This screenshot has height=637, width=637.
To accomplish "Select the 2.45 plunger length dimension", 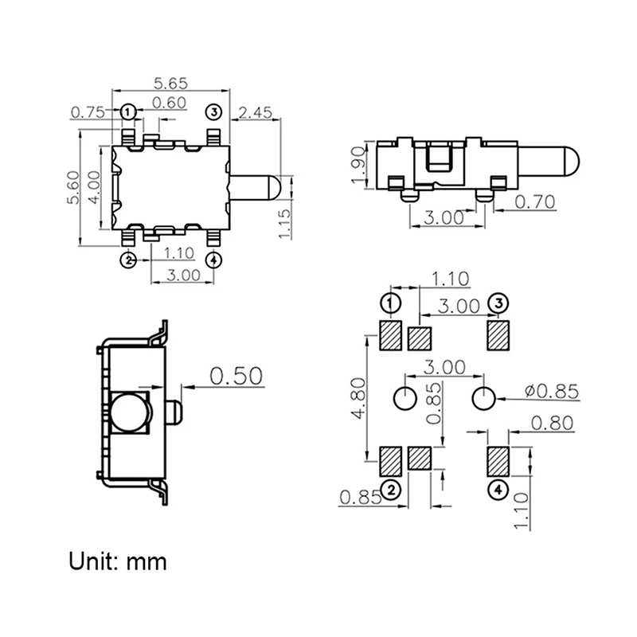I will click(x=256, y=112).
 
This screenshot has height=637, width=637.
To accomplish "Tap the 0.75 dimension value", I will click(x=88, y=112).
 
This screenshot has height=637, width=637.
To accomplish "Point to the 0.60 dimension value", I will click(x=169, y=102).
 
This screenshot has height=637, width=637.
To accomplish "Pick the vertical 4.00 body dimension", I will click(x=93, y=188).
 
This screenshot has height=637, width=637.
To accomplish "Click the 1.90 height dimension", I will click(x=358, y=165).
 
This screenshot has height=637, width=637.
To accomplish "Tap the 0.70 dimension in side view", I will click(x=533, y=201).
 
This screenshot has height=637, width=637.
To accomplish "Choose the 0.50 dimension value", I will click(x=236, y=376).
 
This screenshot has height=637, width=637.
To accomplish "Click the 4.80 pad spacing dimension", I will click(x=359, y=398).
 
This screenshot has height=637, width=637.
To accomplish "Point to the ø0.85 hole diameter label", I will click(x=553, y=391).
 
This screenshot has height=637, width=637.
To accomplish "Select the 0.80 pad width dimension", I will click(x=552, y=423).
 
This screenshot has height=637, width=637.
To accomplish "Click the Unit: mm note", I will click(x=118, y=561).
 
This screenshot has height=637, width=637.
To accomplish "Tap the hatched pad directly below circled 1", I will click(x=390, y=336).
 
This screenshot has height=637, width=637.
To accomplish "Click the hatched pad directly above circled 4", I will click(x=498, y=459).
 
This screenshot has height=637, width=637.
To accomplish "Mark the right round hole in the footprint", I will click(x=483, y=397).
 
